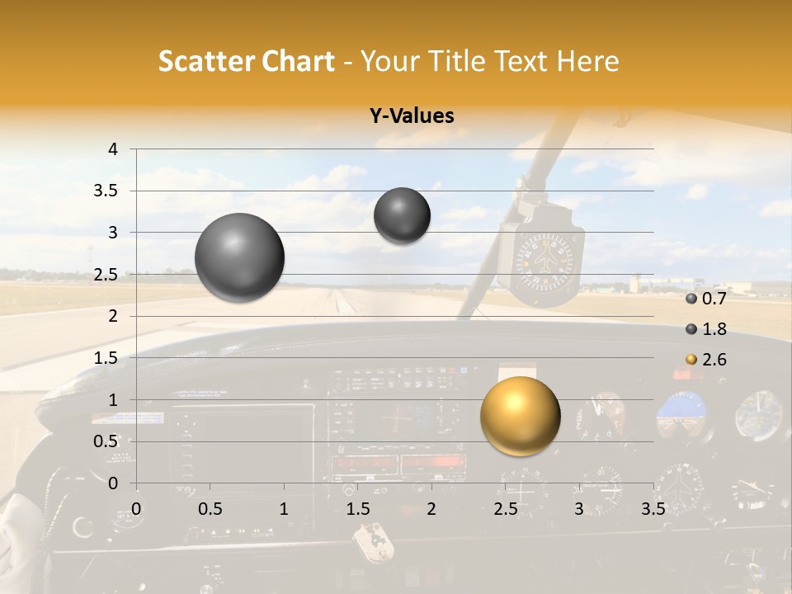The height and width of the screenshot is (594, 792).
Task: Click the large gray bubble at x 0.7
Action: tap(239, 257)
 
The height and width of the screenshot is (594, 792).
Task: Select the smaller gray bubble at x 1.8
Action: tap(402, 215)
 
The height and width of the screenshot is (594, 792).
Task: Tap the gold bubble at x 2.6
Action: tap(520, 416)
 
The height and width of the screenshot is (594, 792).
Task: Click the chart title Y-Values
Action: tap(412, 116)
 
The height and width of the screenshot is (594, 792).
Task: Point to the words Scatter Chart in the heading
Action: tap(246, 61)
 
